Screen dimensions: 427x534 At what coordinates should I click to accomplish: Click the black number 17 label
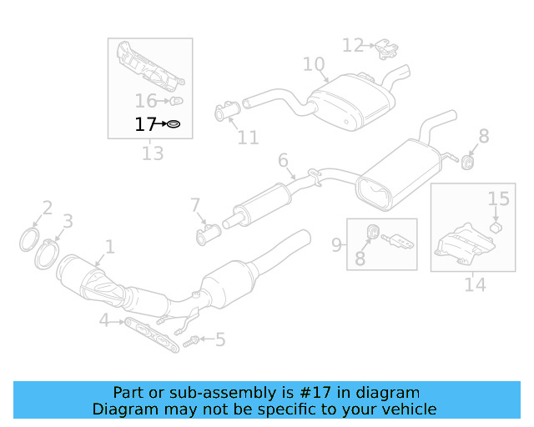pyautogui.click(x=145, y=125)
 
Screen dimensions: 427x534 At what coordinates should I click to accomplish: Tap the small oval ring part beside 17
pyautogui.click(x=174, y=125)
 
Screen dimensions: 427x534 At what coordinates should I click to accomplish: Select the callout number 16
pyautogui.click(x=146, y=101)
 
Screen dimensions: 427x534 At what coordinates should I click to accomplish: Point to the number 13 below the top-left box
pyautogui.click(x=153, y=153)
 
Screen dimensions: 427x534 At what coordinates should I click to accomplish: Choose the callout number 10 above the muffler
pyautogui.click(x=313, y=64)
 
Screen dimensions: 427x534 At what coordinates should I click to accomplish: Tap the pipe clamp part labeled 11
pyautogui.click(x=228, y=111)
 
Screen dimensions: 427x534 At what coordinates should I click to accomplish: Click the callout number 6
pyautogui.click(x=283, y=160)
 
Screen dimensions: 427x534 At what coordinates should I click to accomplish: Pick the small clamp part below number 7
pyautogui.click(x=205, y=237)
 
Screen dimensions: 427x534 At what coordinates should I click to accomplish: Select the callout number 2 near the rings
pyautogui.click(x=48, y=208)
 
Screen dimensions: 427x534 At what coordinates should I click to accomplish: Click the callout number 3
pyautogui.click(x=68, y=221)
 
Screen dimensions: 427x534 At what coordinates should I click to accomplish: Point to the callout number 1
pyautogui.click(x=108, y=246)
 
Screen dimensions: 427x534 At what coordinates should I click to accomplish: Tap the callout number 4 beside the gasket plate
pyautogui.click(x=103, y=320)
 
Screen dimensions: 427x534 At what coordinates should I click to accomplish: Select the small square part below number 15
pyautogui.click(x=495, y=226)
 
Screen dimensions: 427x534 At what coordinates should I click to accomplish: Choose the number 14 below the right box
pyautogui.click(x=475, y=284)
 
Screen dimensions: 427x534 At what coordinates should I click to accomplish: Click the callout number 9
pyautogui.click(x=336, y=244)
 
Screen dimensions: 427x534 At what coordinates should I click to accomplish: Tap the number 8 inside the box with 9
pyautogui.click(x=360, y=259)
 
